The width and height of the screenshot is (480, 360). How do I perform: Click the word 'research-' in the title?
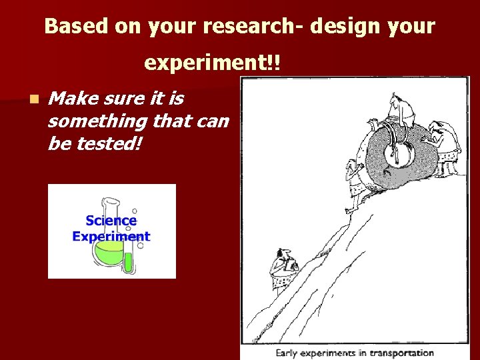point(251,27)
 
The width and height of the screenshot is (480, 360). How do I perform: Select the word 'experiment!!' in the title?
point(213,63)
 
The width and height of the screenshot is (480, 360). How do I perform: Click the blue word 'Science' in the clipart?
point(111,221)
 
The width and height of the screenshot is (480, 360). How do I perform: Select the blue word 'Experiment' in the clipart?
point(111,237)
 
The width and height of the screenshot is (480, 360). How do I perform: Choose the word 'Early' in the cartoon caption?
point(287,353)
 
